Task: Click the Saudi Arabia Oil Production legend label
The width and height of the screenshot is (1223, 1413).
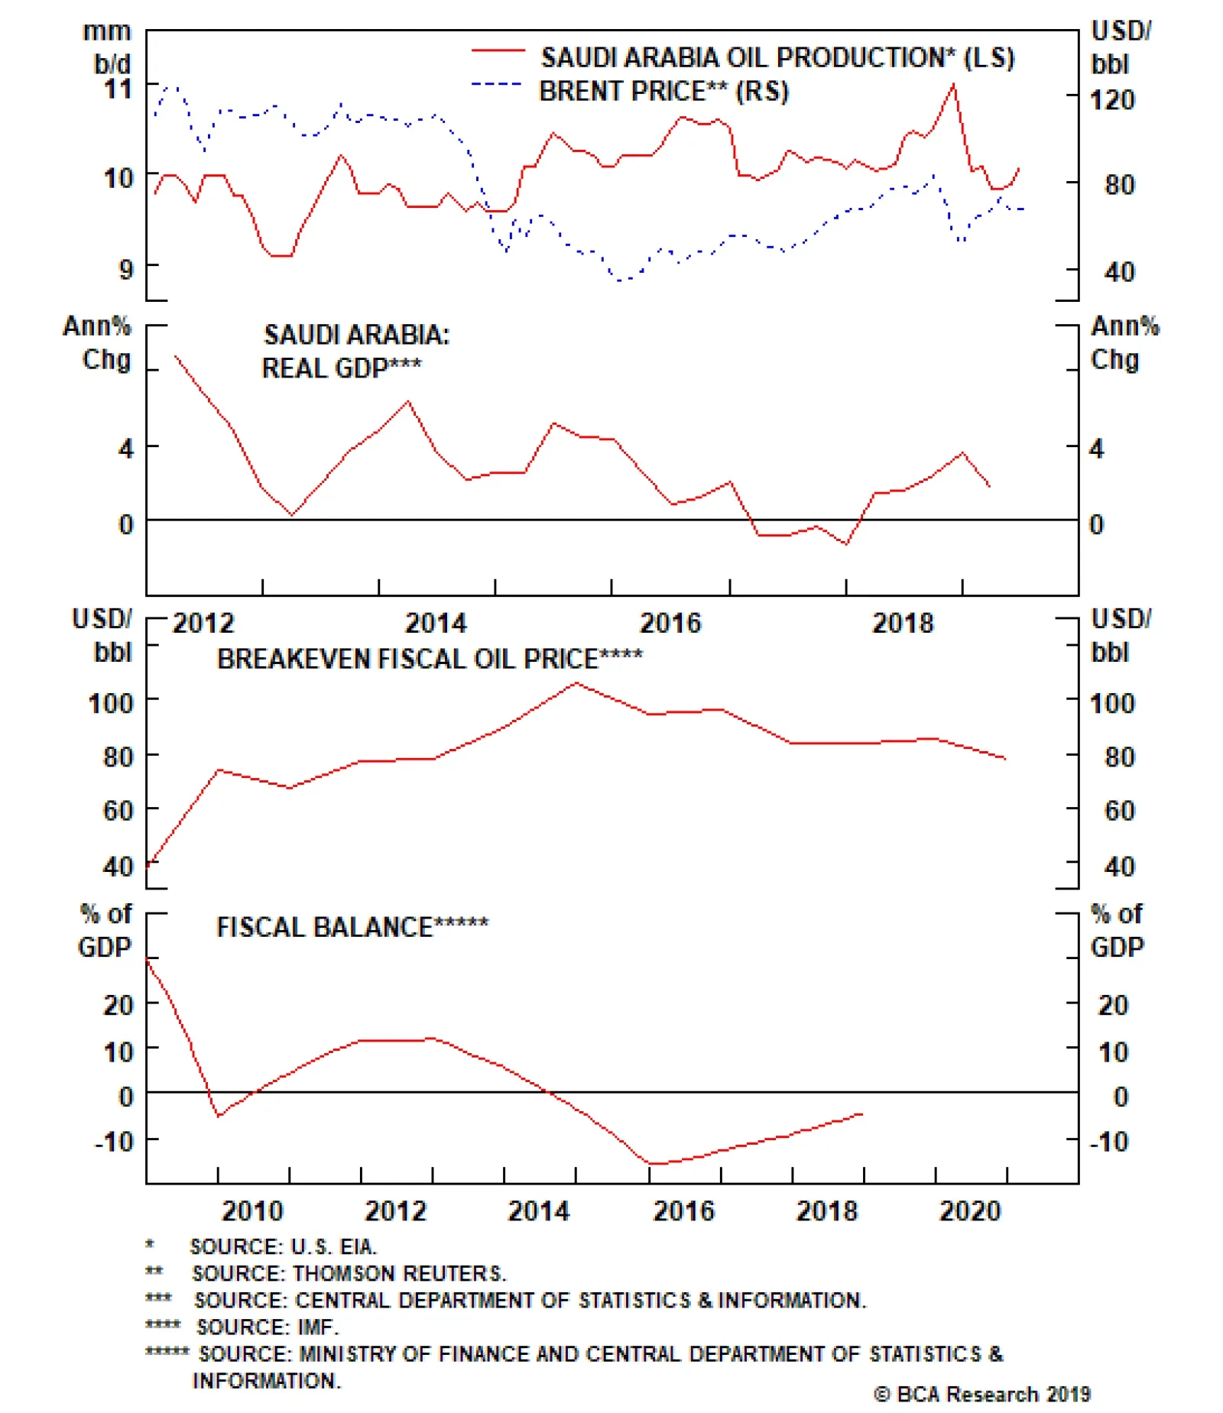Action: (777, 58)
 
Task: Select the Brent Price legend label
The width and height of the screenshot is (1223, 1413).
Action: (663, 92)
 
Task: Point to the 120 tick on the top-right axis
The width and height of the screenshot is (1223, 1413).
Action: (1112, 99)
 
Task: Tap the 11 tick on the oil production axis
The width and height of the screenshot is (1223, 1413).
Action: (118, 89)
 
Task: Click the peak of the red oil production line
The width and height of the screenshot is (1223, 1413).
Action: (953, 84)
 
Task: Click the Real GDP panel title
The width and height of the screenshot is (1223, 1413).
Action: (355, 352)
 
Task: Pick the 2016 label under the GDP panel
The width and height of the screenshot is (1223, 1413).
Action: (670, 623)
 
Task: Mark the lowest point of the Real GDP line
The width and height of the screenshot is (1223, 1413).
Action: (846, 544)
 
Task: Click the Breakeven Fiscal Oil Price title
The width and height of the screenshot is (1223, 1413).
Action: (430, 659)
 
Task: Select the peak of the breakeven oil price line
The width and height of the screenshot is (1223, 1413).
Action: (576, 682)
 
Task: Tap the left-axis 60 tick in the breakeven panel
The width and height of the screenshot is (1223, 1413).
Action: (118, 810)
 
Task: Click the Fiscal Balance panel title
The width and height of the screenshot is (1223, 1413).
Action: (352, 927)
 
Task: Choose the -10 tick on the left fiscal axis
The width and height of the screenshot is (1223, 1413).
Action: (115, 1142)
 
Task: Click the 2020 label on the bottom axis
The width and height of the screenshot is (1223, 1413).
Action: (969, 1210)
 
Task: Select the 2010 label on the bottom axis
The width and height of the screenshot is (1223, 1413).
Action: (252, 1210)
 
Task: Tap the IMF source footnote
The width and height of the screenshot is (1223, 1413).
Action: (267, 1327)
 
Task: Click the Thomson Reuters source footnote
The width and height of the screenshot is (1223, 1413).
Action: (349, 1273)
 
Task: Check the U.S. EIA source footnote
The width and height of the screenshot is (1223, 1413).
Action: (283, 1246)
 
